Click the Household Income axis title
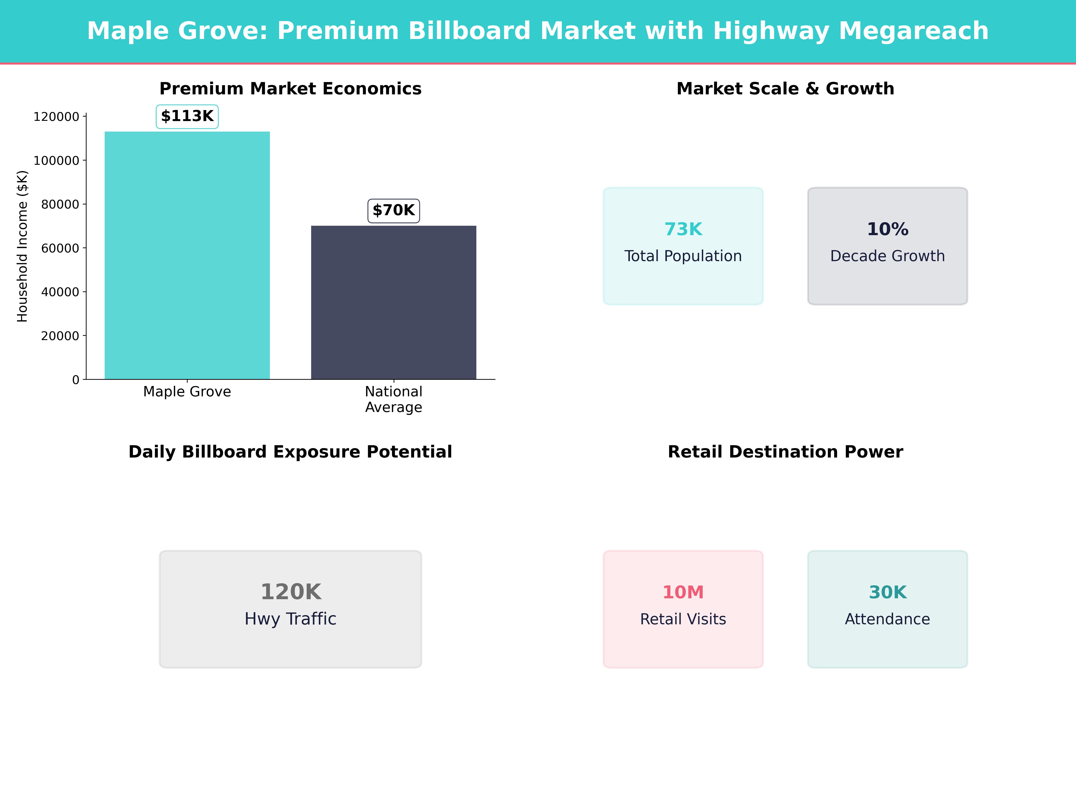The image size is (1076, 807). click(x=22, y=246)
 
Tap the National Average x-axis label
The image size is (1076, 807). click(x=394, y=399)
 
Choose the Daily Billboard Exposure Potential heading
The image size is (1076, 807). click(x=290, y=452)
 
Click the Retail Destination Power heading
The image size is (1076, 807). click(x=785, y=452)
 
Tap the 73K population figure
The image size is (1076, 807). click(x=683, y=229)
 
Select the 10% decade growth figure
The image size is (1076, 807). click(x=887, y=229)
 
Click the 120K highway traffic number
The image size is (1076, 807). click(x=290, y=592)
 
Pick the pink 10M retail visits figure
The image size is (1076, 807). click(x=683, y=592)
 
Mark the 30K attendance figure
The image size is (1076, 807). click(x=887, y=592)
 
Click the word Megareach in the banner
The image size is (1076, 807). click(x=913, y=31)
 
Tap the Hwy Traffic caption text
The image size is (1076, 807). click(x=290, y=619)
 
